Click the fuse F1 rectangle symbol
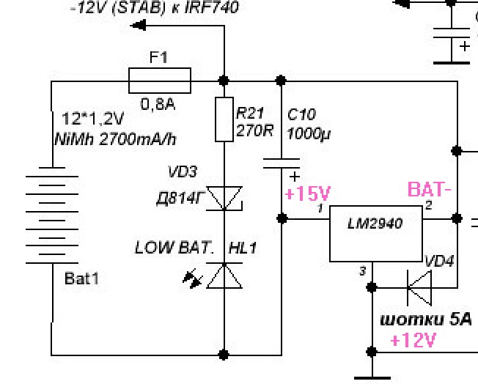(x=160, y=81)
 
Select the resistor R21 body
(x=224, y=119)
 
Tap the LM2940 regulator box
(x=376, y=234)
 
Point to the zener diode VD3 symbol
(x=224, y=199)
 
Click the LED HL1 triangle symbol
(x=224, y=276)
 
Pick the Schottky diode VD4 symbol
(x=419, y=288)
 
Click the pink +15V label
(x=307, y=193)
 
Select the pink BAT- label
(x=429, y=190)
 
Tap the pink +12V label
(x=413, y=340)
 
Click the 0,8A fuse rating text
(x=158, y=105)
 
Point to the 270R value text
(x=254, y=130)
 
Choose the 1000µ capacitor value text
(x=309, y=133)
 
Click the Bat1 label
(x=81, y=278)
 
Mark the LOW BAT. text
(x=174, y=248)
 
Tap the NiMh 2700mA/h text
(x=116, y=139)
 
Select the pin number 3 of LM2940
(x=362, y=271)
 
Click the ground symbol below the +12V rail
(x=372, y=378)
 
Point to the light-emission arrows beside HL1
(x=193, y=278)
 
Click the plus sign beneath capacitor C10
(x=295, y=177)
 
